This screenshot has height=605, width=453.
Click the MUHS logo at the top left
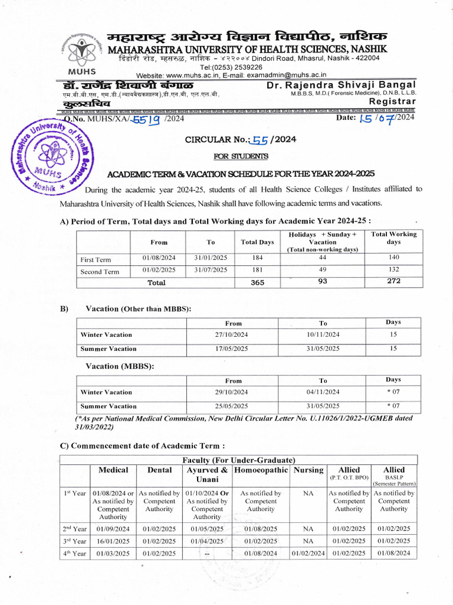(82, 50)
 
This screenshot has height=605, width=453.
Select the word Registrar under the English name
(392, 102)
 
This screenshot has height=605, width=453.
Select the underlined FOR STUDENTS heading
(240, 156)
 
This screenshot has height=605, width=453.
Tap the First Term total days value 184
(258, 258)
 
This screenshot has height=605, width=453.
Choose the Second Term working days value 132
(393, 269)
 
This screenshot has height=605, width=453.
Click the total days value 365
(258, 282)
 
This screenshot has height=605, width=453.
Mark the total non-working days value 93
(322, 281)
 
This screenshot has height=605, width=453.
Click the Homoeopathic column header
(261, 470)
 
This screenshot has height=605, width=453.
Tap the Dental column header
(159, 470)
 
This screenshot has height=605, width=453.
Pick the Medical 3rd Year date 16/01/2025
(113, 541)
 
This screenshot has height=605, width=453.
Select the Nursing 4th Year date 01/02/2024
(307, 553)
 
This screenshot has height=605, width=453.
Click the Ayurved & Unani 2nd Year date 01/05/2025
(206, 529)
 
